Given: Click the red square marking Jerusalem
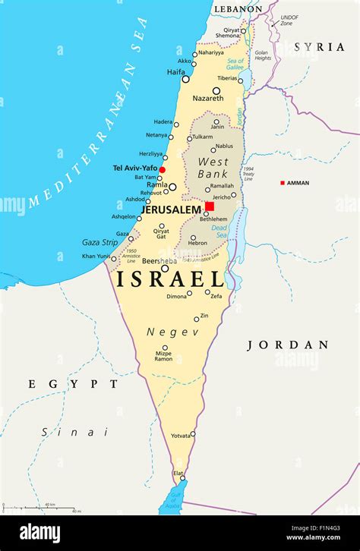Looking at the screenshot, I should click(210, 206).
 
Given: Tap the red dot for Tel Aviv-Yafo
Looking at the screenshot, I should click(162, 169).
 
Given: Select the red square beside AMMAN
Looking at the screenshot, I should click(283, 183).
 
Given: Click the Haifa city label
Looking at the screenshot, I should click(176, 72).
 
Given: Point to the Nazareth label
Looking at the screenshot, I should click(208, 99).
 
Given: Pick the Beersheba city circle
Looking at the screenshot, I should click(165, 269).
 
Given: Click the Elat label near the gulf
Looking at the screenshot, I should click(178, 473).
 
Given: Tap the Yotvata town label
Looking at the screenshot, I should click(181, 435).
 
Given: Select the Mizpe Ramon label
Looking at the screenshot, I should click(163, 355).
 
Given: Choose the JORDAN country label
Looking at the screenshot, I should click(288, 345).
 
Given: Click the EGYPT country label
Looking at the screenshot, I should click(74, 384).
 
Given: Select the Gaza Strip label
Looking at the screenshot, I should click(99, 243).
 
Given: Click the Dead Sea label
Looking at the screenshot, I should click(219, 231).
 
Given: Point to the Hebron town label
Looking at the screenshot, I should click(197, 243).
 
